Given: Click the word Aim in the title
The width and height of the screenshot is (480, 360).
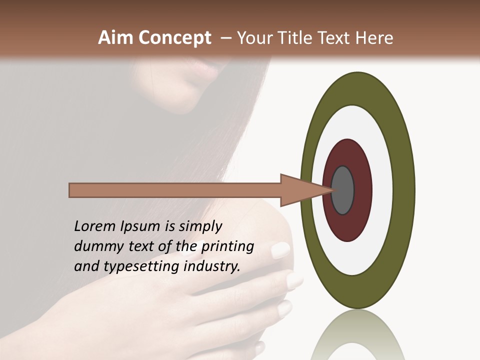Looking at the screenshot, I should point(115,38).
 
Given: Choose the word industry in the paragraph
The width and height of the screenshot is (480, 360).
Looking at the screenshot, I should point(212,266).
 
